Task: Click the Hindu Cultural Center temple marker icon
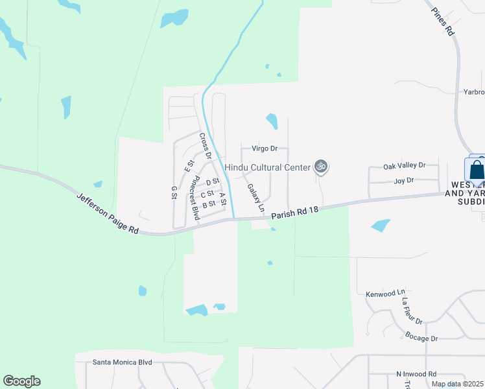tap(320, 167)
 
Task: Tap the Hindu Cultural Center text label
tap(267, 167)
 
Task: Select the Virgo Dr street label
tap(264, 148)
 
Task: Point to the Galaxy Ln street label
tap(256, 198)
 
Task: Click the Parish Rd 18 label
tap(295, 213)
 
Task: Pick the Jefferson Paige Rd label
tap(108, 213)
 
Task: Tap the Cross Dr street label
tap(205, 146)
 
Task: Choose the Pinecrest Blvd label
tap(194, 198)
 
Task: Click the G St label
tap(174, 193)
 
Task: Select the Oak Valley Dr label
tap(404, 166)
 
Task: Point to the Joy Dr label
tap(404, 181)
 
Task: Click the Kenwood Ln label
tap(385, 294)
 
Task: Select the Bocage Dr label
tap(421, 338)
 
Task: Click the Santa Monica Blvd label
tap(122, 362)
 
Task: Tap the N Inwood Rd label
tap(416, 374)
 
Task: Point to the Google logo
tap(22, 381)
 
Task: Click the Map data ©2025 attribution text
tap(456, 384)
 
